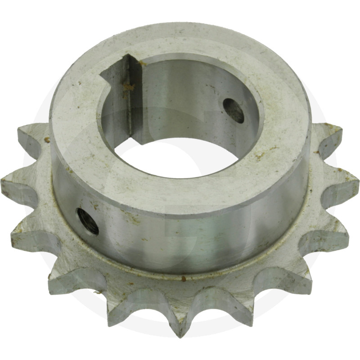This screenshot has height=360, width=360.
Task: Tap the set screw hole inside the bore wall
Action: [x=234, y=110]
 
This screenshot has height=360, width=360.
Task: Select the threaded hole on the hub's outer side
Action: [x=88, y=221]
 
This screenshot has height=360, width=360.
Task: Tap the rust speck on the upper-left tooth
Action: [x=47, y=140]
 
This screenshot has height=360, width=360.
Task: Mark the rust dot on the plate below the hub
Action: [x=183, y=279]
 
